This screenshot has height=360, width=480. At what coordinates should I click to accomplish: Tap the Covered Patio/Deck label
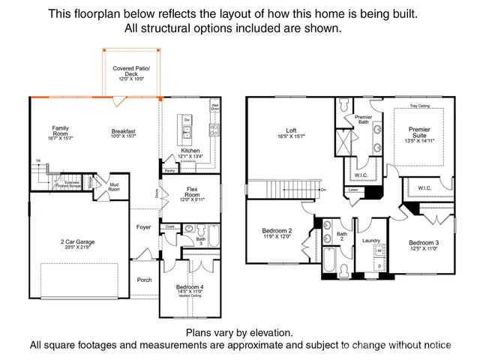click(132, 72)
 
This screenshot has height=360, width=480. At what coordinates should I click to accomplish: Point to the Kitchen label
click(190, 151)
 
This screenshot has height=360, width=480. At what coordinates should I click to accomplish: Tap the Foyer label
click(144, 226)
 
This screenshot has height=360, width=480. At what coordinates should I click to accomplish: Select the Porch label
click(144, 280)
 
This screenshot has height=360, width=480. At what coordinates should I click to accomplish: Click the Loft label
click(291, 130)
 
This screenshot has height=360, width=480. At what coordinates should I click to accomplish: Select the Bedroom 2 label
click(277, 230)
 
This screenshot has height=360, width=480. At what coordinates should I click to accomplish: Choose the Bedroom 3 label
click(424, 242)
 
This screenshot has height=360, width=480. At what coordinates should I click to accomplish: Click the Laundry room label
click(371, 241)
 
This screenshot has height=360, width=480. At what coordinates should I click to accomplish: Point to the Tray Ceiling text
click(420, 106)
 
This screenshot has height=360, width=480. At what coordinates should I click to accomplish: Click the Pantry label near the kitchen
click(169, 171)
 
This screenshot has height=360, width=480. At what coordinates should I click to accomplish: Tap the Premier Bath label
click(363, 119)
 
